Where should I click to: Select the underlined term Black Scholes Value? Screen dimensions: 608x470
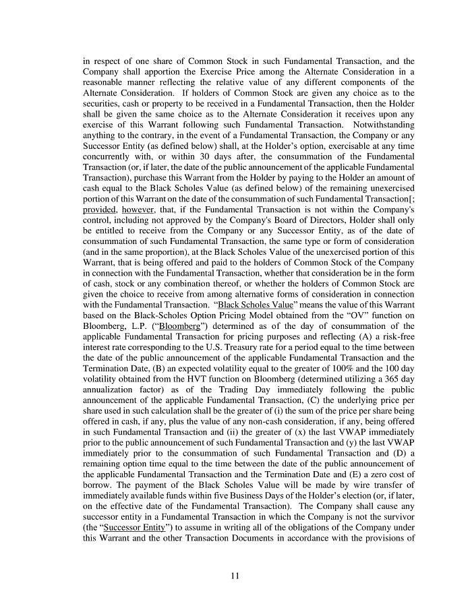click(255, 305)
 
